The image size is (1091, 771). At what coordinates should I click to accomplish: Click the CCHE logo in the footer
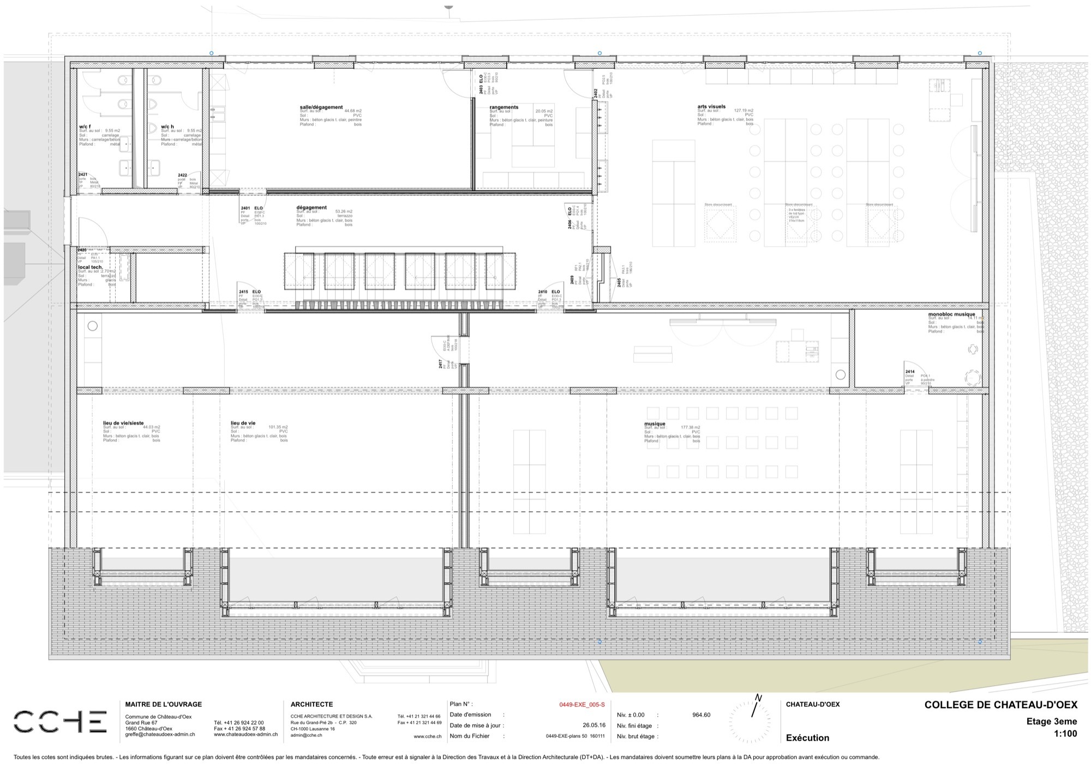tap(60, 721)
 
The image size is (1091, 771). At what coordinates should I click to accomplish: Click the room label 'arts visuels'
tap(711, 106)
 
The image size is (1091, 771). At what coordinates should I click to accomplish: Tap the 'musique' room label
tap(655, 423)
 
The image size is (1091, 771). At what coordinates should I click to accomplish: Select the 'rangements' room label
tap(503, 107)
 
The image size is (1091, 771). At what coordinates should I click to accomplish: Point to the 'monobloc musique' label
tap(951, 314)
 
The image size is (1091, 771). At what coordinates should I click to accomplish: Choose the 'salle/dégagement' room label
tap(321, 107)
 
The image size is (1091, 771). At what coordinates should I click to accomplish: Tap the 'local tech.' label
tap(90, 267)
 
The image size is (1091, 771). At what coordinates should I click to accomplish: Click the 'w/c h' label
tap(167, 127)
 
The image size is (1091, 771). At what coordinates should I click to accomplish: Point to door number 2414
tap(910, 372)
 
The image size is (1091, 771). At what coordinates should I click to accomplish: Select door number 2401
tap(245, 208)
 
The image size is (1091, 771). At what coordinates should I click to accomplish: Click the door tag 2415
tap(243, 292)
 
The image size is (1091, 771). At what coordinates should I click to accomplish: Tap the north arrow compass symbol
tap(753, 717)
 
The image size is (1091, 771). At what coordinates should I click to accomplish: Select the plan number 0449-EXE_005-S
tap(582, 704)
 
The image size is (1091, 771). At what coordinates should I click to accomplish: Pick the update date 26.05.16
tap(594, 726)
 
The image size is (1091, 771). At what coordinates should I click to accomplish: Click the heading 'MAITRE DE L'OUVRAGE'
tap(164, 704)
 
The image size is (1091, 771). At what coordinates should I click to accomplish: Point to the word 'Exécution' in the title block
tap(807, 738)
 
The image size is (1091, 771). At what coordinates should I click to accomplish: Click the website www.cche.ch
tap(427, 736)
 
